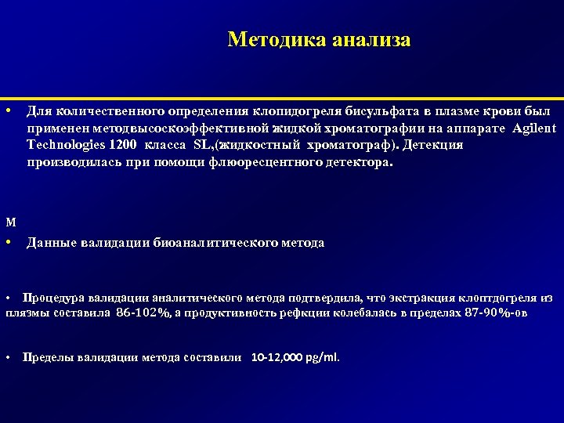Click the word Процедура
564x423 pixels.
[x=53, y=298]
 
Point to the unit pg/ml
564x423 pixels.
[x=324, y=357]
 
